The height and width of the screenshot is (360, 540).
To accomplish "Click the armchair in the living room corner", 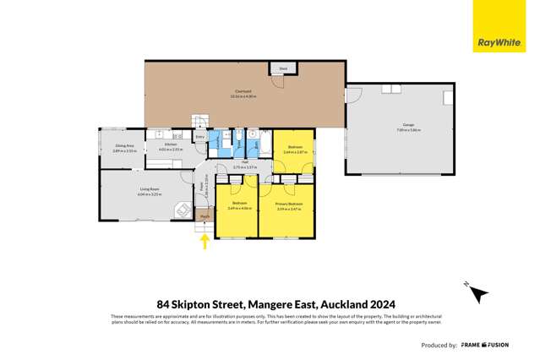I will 180,210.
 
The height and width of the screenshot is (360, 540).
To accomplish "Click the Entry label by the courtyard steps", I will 199,137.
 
